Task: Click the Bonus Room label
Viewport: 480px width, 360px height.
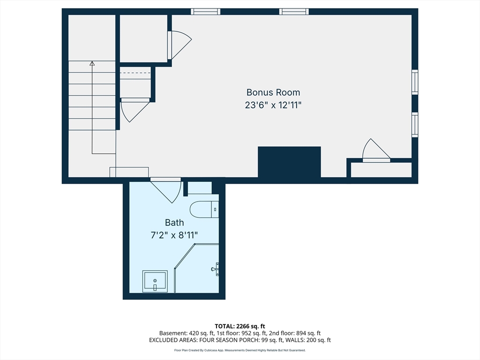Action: coord(273,92)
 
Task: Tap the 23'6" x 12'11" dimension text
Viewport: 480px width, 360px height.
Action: coord(273,105)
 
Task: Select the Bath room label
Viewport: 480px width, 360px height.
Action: coord(174,223)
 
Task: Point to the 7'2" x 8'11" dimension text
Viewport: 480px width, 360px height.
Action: coord(174,235)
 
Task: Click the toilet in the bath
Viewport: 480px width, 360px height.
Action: coord(204,210)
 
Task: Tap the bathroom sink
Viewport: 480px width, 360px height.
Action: coord(155,281)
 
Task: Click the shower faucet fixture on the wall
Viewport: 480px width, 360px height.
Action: coord(215,269)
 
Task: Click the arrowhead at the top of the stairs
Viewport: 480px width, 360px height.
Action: coord(92,63)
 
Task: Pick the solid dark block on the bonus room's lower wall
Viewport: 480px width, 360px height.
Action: coord(289,162)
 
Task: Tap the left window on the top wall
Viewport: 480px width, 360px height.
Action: coord(206,12)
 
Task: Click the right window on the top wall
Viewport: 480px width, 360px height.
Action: coord(294,12)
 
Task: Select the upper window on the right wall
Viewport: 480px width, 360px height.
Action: coord(415,82)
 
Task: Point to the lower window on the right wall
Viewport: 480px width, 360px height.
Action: coord(415,125)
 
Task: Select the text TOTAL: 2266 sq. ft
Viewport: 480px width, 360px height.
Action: coord(240,326)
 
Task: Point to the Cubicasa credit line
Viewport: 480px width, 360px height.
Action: coord(240,350)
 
